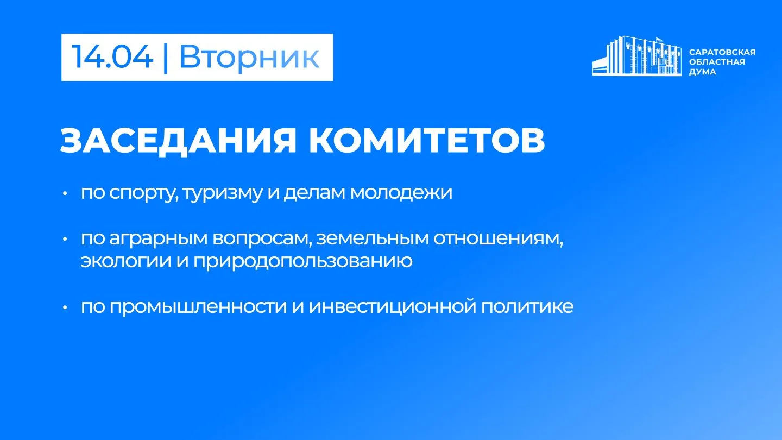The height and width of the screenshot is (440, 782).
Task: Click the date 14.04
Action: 112,56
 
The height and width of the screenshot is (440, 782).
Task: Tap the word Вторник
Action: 249,56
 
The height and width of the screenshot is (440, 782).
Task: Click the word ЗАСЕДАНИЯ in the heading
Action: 178,140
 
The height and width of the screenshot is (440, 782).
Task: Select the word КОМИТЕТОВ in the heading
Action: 427,140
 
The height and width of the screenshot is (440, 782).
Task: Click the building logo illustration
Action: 637,56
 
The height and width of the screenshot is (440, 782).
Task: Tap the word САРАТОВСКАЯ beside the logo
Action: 722,52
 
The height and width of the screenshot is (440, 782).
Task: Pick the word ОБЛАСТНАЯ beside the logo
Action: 717,62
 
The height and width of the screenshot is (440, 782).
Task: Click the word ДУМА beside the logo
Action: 702,72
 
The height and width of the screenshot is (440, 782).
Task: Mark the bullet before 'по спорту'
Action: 65,193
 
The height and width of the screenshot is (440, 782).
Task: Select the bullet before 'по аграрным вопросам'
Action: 65,239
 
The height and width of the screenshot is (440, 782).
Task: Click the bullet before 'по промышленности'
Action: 65,307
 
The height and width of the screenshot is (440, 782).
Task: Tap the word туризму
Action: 223,193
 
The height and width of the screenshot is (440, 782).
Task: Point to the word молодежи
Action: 401,193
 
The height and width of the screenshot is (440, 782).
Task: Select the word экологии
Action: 126,261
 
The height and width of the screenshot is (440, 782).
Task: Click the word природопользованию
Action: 302,261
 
